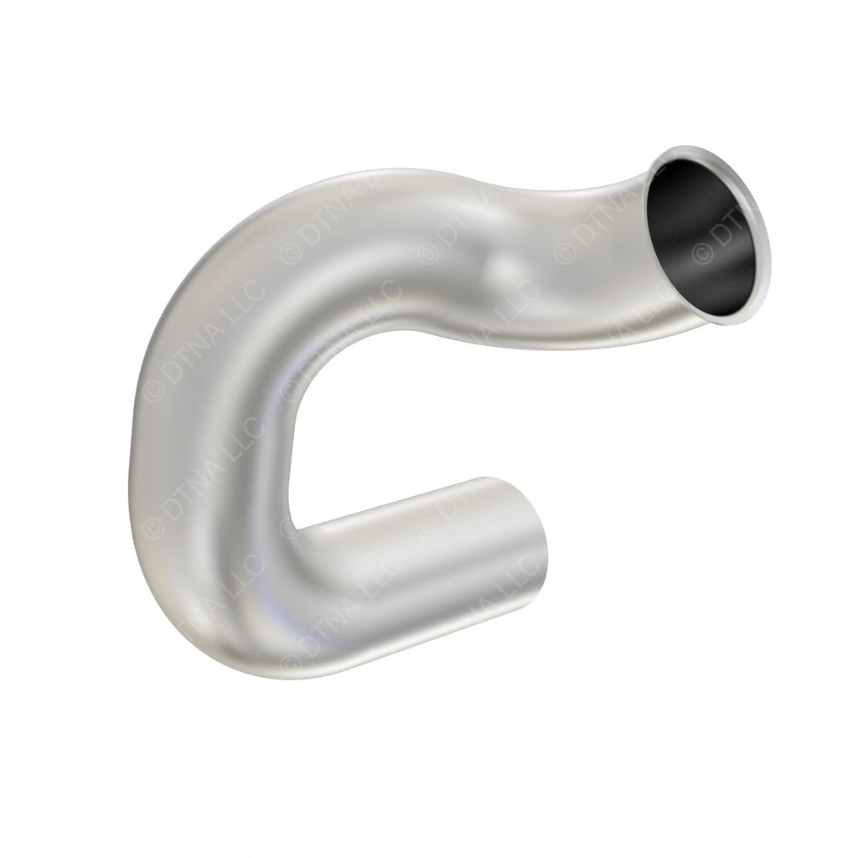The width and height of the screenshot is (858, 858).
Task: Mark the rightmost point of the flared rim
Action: (x=768, y=251)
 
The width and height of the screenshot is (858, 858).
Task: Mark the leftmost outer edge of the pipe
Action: (x=133, y=427)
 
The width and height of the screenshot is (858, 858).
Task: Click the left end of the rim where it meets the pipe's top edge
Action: (x=659, y=159)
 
